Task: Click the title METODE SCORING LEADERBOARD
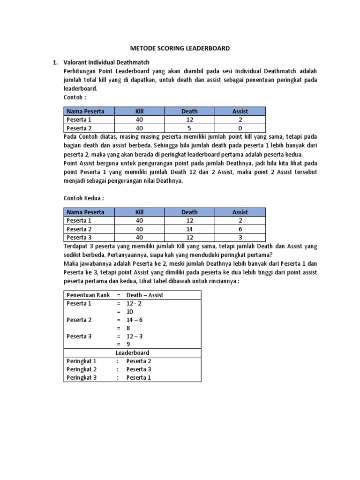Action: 180,48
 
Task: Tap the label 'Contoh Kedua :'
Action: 83,198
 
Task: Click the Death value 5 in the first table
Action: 189,128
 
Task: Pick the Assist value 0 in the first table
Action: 240,128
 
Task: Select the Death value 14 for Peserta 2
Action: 189,229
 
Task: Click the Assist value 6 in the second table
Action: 240,229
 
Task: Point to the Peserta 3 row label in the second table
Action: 79,237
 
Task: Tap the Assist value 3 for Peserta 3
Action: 240,237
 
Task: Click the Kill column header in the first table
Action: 139,111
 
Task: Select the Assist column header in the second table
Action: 240,212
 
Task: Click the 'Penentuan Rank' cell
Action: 88,295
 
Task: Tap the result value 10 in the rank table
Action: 130,311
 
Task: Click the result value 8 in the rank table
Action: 128,328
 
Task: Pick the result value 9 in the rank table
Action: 128,345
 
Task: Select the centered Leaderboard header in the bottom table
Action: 132,352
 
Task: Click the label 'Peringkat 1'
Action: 81,361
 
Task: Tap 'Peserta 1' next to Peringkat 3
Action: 139,377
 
